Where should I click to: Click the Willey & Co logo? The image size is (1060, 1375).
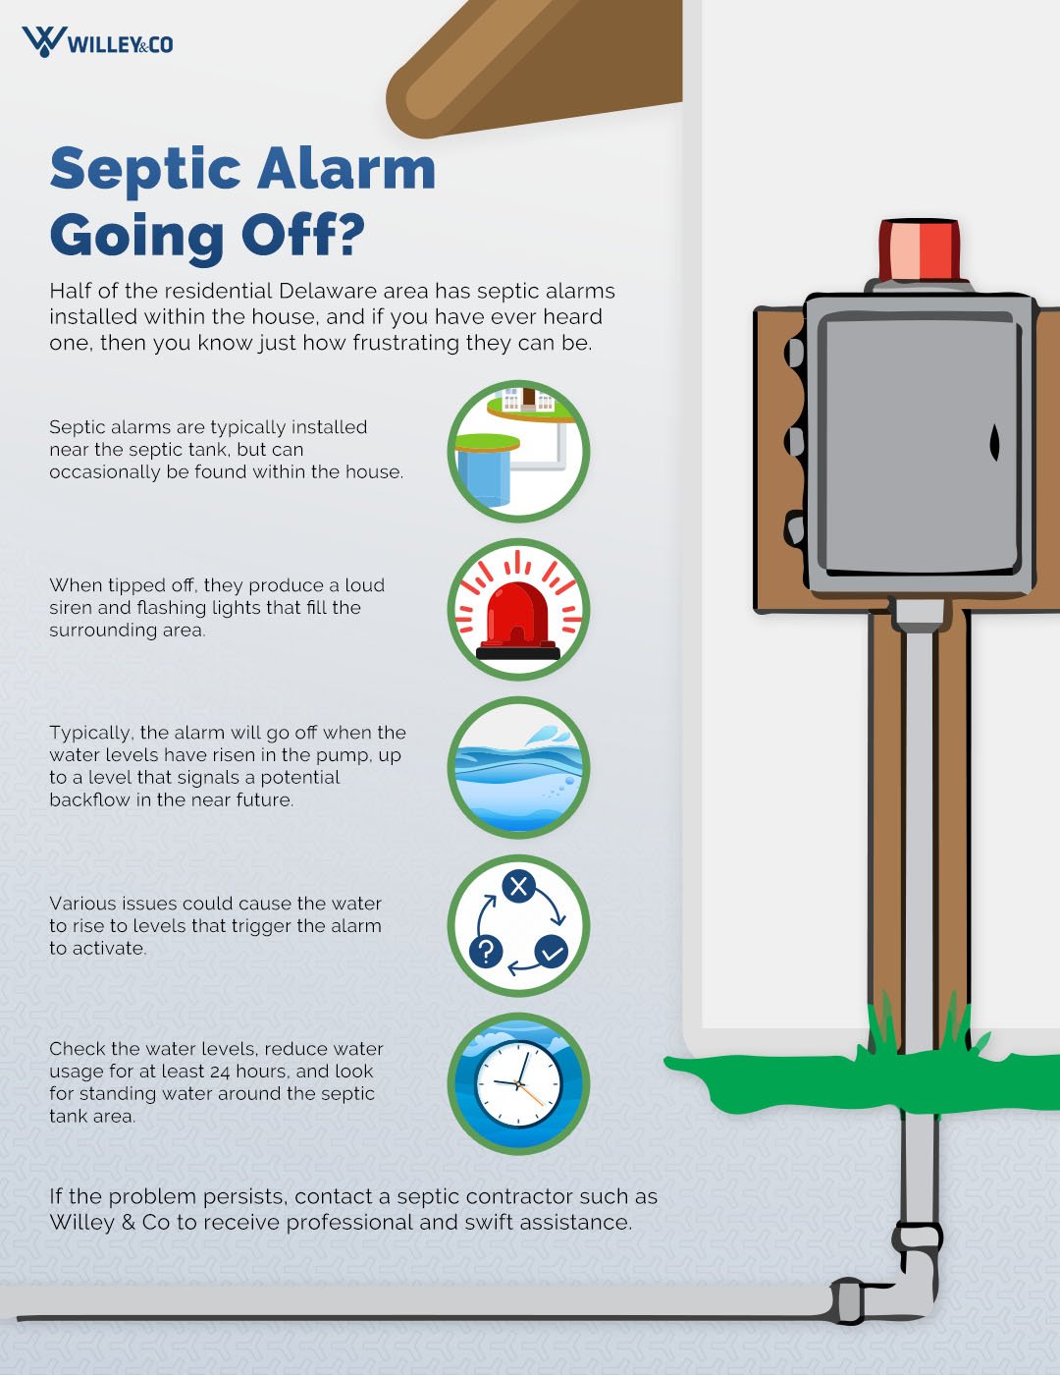pos(97,42)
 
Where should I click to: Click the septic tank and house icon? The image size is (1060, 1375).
pos(518,451)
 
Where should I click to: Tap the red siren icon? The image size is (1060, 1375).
pos(518,610)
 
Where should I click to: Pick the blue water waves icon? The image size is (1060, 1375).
pos(518,767)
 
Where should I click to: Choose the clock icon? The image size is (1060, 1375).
pos(518,1084)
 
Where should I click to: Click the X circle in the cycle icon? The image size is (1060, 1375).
pos(518,886)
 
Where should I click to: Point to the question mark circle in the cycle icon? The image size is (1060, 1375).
pos(486,950)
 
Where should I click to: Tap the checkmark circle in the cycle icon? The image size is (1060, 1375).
pos(552,951)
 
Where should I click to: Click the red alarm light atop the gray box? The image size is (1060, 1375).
pos(919,249)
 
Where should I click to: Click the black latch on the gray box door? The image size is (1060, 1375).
pos(994,443)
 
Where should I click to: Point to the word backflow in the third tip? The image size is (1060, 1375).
pos(88,799)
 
